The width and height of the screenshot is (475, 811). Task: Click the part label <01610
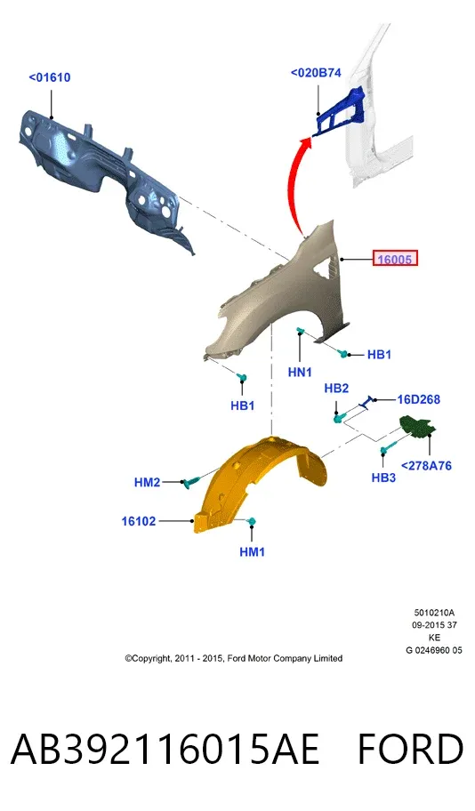pos(50,77)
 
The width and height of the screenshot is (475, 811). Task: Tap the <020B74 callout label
pos(316,73)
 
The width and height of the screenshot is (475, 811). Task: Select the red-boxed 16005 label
pos(395,258)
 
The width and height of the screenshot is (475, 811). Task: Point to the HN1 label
pos(300,372)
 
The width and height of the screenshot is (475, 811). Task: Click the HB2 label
pos(336,388)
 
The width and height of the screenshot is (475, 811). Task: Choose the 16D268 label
pos(419,399)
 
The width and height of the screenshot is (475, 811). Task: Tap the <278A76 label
pos(426,465)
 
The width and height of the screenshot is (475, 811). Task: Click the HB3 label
pos(383,478)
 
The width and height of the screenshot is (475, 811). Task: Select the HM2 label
pos(147,482)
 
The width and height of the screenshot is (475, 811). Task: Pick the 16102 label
pos(139,521)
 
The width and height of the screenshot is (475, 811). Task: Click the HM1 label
pos(252,552)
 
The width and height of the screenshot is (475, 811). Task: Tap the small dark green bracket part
pos(418,426)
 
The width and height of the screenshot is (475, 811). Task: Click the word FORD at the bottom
pos(410,749)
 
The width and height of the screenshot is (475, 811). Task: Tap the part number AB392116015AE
pos(165,749)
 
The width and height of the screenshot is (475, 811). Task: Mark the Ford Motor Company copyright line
pos(233,658)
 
